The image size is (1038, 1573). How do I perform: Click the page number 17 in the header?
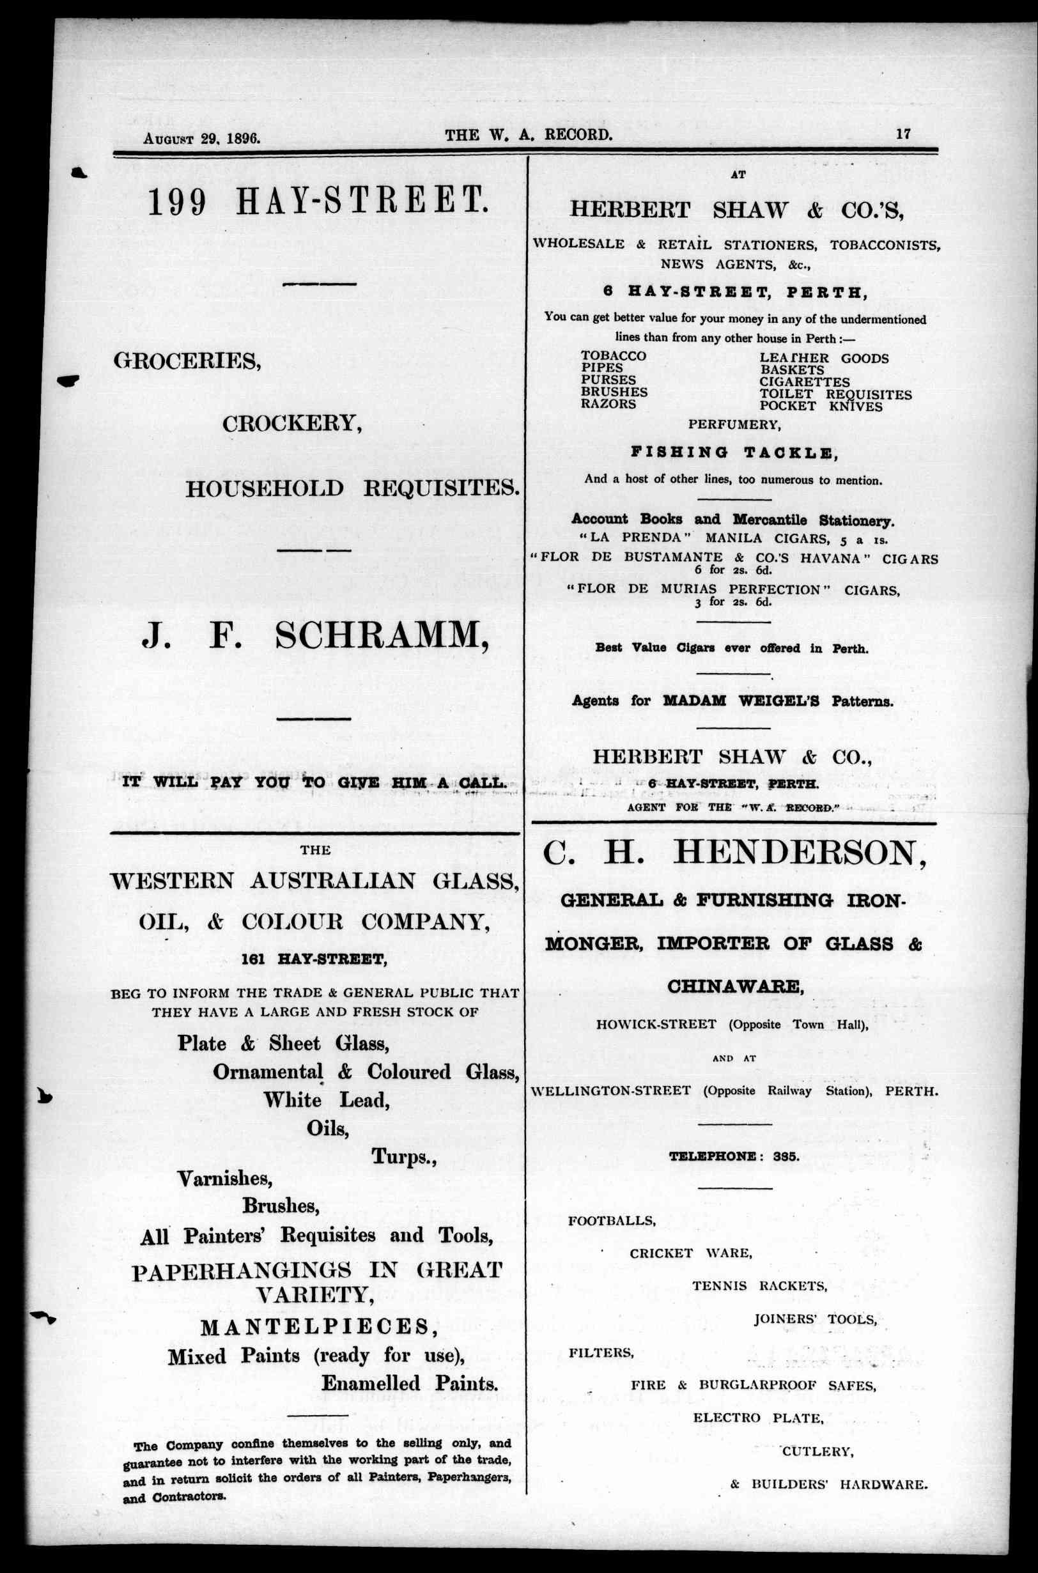pyautogui.click(x=903, y=134)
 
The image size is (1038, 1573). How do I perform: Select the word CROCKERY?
pyautogui.click(x=292, y=424)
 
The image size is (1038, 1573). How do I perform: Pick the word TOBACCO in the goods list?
pyautogui.click(x=613, y=356)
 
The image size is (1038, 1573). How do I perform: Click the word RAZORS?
pyautogui.click(x=608, y=404)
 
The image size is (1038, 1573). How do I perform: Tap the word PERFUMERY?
pyautogui.click(x=734, y=424)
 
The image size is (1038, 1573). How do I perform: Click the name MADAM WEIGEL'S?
pyautogui.click(x=727, y=701)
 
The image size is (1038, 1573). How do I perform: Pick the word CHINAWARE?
pyautogui.click(x=735, y=986)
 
